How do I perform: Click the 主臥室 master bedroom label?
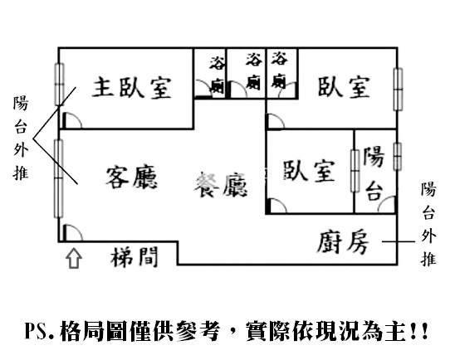(132, 87)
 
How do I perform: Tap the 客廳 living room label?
(131, 177)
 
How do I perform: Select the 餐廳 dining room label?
(221, 186)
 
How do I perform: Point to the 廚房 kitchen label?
(342, 242)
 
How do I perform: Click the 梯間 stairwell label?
(135, 257)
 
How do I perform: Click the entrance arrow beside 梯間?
(74, 258)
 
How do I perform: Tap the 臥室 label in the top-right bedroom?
(344, 86)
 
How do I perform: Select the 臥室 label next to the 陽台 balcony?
(309, 171)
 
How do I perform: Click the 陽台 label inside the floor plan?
(374, 173)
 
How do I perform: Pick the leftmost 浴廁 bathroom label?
(218, 75)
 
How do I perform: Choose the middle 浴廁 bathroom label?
(253, 71)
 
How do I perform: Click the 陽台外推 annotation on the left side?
(21, 138)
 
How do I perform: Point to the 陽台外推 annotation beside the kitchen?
(428, 224)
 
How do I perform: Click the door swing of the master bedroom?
(71, 120)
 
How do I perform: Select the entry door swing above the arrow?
(72, 233)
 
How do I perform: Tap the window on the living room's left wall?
(59, 178)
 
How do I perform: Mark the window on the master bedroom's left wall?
(59, 84)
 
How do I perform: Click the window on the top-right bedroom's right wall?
(398, 90)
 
